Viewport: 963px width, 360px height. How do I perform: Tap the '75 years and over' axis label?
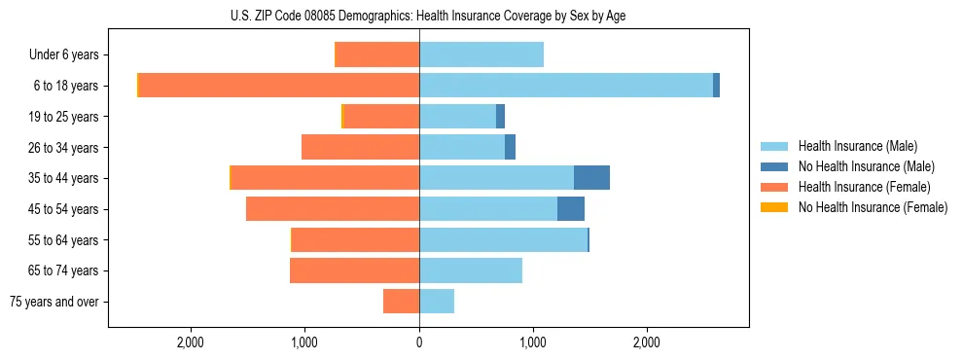[54, 302]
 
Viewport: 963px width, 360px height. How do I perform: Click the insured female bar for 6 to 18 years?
[279, 86]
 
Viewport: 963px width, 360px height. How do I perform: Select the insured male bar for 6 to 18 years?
[566, 86]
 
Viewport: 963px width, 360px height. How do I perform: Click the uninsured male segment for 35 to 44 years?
[591, 178]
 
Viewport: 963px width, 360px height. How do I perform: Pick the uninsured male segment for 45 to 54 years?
[571, 209]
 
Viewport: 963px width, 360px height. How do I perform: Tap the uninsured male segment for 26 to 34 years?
[510, 147]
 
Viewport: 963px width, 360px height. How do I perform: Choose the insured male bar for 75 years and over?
[437, 302]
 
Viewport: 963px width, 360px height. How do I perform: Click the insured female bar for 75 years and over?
[401, 302]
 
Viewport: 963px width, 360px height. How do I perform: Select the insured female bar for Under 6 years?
[376, 54]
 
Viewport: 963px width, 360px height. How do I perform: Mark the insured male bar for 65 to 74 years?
[471, 270]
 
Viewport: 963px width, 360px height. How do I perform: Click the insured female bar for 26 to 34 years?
[360, 147]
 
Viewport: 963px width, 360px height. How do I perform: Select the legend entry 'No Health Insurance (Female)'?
[873, 207]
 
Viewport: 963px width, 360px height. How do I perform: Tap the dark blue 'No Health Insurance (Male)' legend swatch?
[774, 166]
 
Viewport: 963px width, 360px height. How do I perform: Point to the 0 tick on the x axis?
[419, 342]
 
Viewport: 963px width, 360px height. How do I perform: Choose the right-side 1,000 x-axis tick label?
[533, 342]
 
